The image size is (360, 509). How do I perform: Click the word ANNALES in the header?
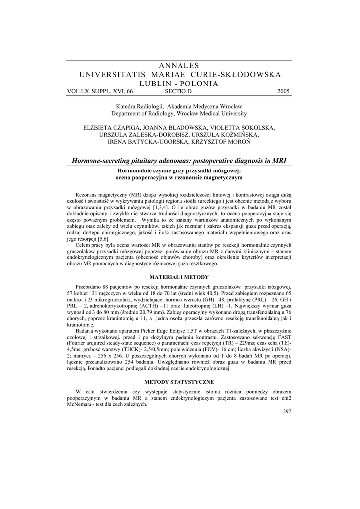pyautogui.click(x=180, y=66)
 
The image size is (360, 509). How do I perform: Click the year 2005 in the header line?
pyautogui.click(x=283, y=92)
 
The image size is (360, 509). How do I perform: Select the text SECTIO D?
pyautogui.click(x=178, y=92)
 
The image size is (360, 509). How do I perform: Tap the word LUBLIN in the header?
pyautogui.click(x=157, y=84)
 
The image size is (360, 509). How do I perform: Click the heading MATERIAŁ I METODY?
pyautogui.click(x=180, y=277)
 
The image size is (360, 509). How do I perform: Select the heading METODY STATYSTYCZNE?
pyautogui.click(x=180, y=382)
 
